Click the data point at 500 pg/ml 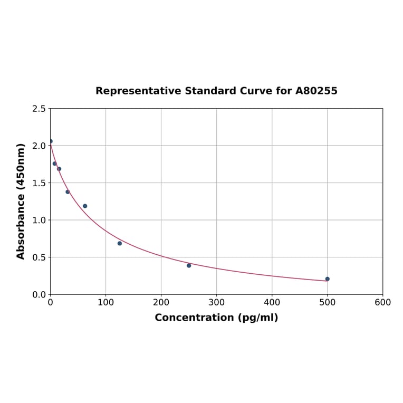[328, 279]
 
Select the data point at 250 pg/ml [189, 265]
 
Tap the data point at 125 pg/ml [120, 243]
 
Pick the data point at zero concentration [51, 141]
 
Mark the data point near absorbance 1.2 [85, 206]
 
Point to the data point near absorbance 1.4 [68, 192]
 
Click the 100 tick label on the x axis [105, 303]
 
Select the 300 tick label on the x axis [216, 303]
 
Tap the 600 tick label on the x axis [382, 303]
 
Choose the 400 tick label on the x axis [272, 303]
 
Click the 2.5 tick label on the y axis [39, 109]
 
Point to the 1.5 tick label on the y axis [39, 183]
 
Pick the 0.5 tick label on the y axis [39, 257]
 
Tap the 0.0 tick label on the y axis [39, 294]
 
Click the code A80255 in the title [316, 91]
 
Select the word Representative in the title [138, 91]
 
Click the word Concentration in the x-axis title [193, 318]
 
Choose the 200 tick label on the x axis [161, 303]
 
